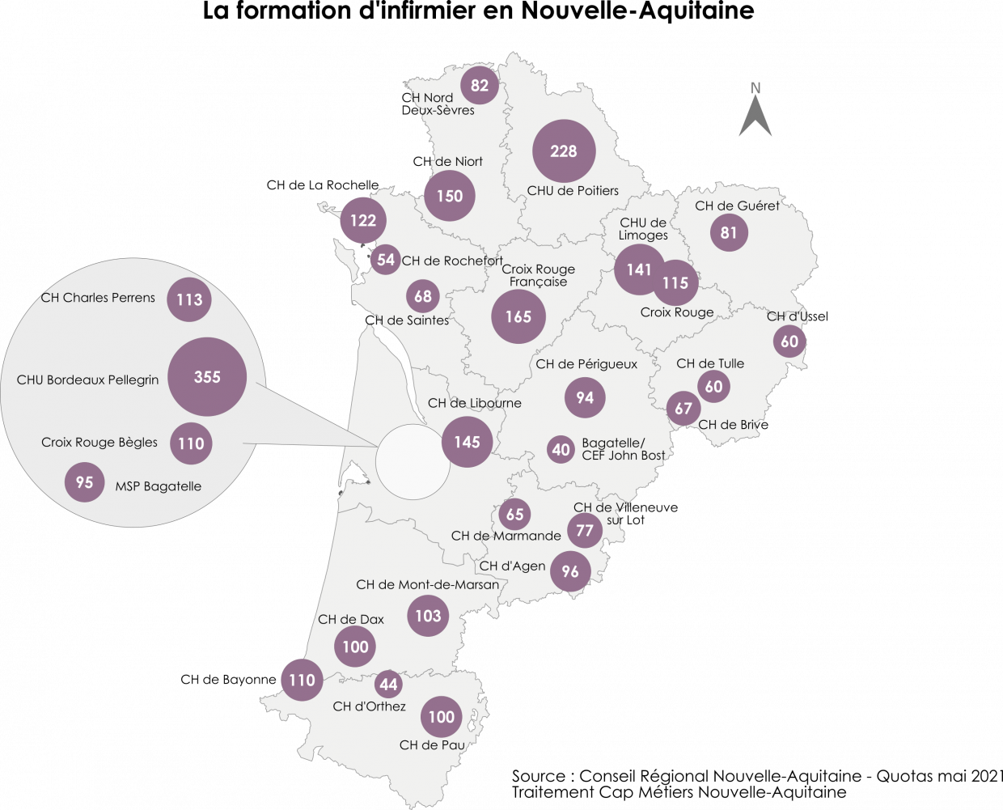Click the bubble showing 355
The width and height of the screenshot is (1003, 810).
coord(207,376)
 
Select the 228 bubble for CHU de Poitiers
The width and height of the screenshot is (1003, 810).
coord(564,151)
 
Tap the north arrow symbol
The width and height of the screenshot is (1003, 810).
coord(755,113)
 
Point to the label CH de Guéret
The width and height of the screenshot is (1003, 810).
coord(737,206)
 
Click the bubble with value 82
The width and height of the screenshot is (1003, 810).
coord(480,85)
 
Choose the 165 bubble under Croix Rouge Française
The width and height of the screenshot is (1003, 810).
coord(518,316)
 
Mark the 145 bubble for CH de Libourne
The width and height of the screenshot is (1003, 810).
coord(467,442)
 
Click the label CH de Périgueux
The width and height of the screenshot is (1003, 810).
coord(586,364)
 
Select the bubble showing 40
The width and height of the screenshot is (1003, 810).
coord(561,449)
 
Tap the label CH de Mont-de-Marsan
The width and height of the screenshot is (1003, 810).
coord(427,584)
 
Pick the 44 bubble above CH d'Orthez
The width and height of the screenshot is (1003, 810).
coord(389,685)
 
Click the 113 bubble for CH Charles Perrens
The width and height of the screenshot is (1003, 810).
coord(189,299)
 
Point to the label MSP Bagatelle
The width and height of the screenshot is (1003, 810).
coord(158,486)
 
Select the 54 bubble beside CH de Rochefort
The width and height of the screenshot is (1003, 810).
coord(386,260)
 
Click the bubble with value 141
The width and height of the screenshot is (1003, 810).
coord(638,269)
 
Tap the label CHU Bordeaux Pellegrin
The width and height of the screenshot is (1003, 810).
coord(87,380)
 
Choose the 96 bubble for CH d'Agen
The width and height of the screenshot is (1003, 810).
coord(570,571)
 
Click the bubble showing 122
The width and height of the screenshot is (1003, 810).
coord(363,220)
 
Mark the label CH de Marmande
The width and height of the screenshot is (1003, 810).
coord(506,536)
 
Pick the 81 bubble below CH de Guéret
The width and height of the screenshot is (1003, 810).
coord(729,233)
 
